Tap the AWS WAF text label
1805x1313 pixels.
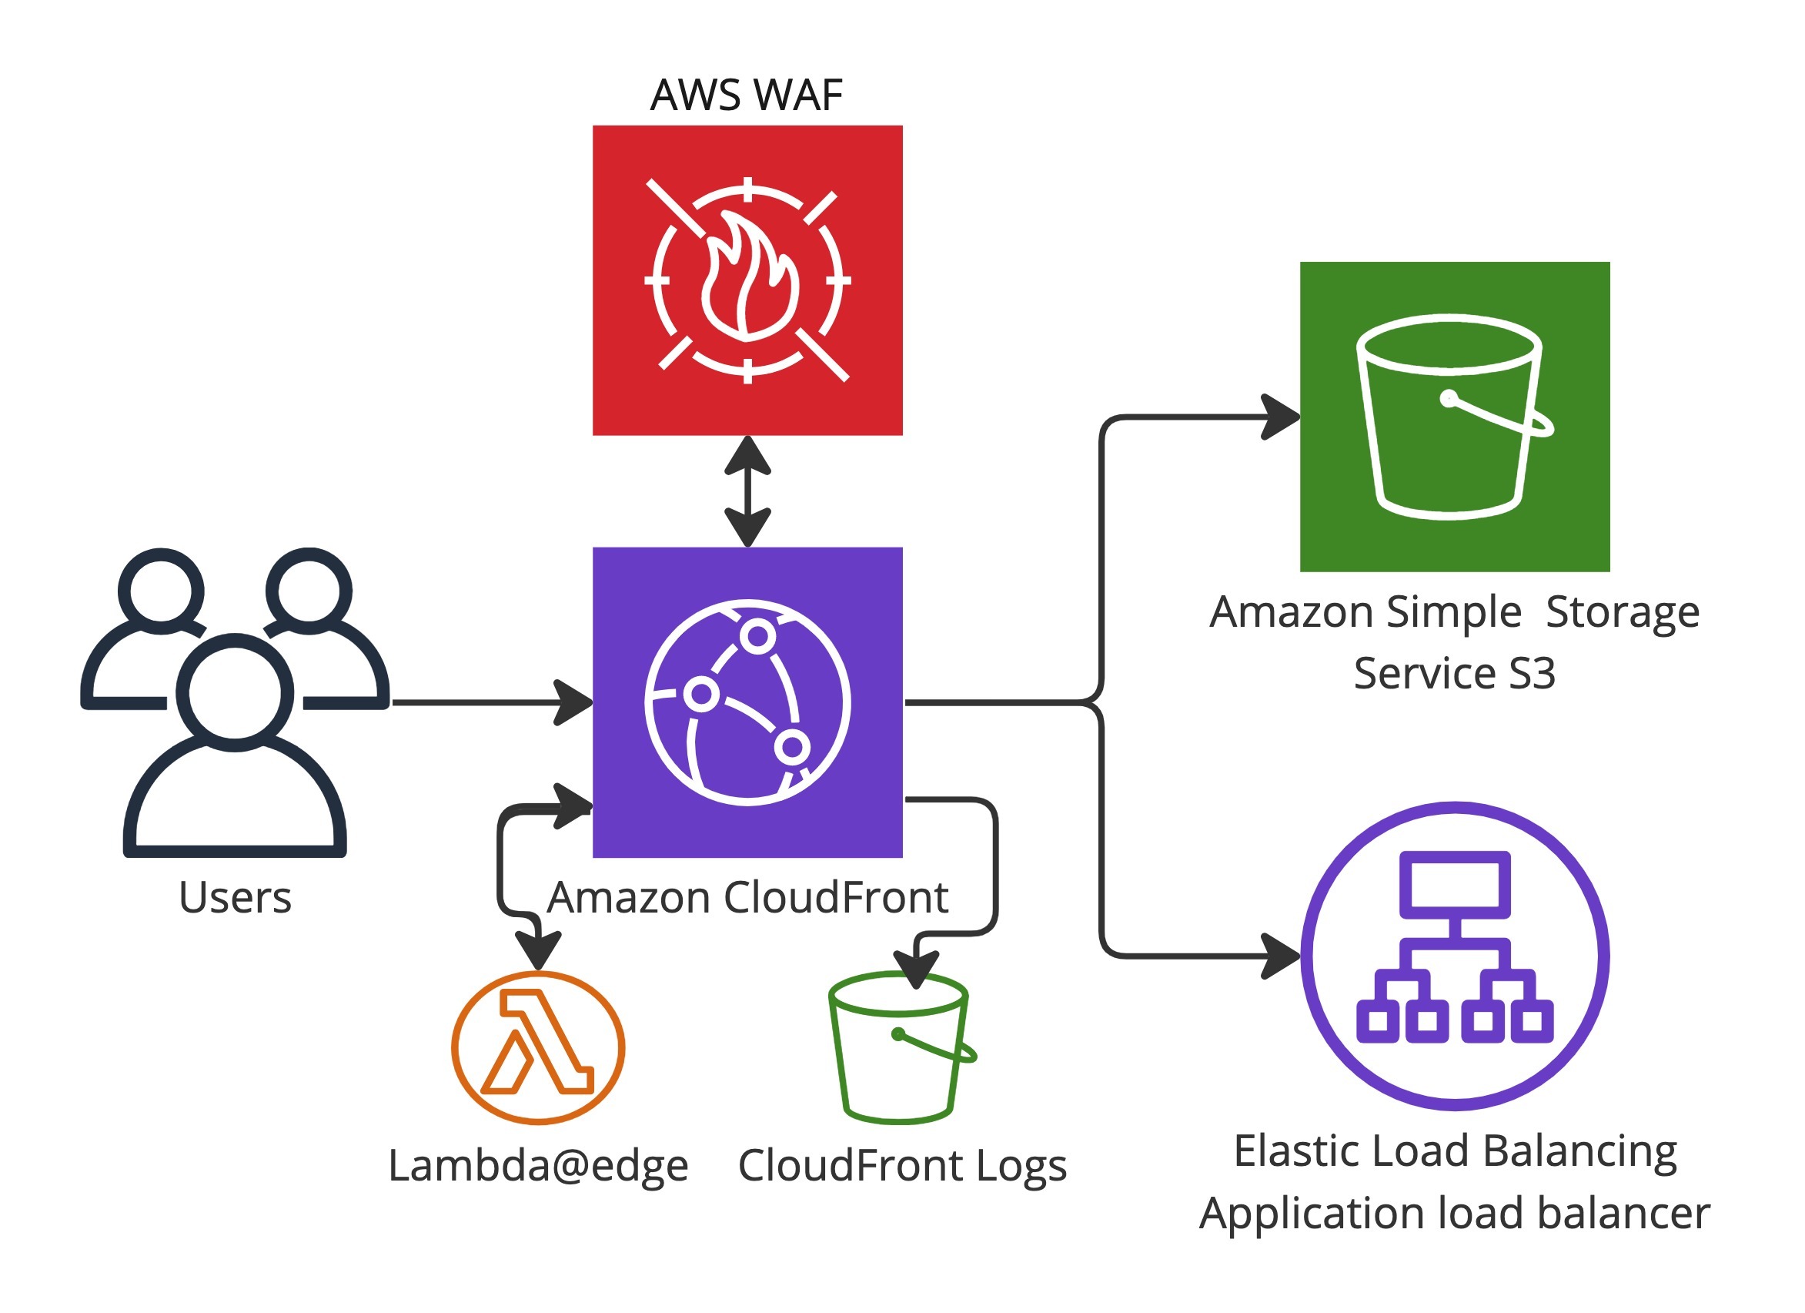click(746, 95)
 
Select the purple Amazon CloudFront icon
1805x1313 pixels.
click(747, 702)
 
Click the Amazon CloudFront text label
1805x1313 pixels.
click(747, 898)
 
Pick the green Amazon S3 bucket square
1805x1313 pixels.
click(1455, 417)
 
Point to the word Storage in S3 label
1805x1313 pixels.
click(1622, 612)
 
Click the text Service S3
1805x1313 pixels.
click(1454, 674)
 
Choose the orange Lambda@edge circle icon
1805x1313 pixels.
click(538, 1048)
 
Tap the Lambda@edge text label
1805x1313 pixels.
click(538, 1167)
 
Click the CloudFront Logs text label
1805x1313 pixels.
click(901, 1167)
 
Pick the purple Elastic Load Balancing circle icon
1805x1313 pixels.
click(1455, 956)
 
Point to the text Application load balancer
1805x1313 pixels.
click(1454, 1214)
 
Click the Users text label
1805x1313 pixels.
click(235, 898)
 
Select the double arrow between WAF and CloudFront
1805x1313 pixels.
click(747, 491)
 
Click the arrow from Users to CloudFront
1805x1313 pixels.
click(486, 702)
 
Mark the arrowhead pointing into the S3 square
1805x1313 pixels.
click(1282, 417)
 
